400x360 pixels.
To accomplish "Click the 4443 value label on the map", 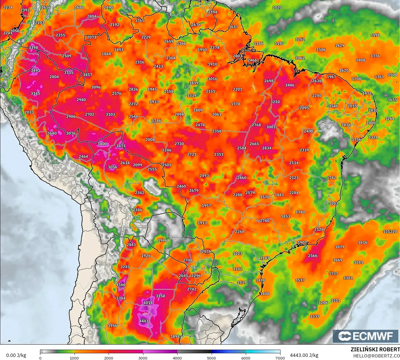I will (144, 321).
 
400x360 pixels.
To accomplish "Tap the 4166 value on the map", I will (121, 284).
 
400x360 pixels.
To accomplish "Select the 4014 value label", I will (148, 303).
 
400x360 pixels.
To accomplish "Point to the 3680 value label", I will (52, 133).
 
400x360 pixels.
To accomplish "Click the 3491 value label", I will (36, 70).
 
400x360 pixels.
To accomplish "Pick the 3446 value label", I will (290, 85).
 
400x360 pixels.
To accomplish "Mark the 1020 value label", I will (277, 7).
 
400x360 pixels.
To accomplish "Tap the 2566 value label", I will (313, 256).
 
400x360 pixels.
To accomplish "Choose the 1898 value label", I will (175, 336).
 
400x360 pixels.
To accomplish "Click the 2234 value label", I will (8, 7).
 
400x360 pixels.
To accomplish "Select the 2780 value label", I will (265, 221).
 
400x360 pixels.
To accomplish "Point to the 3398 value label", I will (33, 48).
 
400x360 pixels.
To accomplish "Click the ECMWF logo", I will (365, 336).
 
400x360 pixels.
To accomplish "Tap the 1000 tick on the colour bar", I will (74, 358).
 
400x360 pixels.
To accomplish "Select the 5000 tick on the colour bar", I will (211, 358).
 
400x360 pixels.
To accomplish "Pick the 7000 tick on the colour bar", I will (280, 358).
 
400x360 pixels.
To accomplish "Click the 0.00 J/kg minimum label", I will (16, 355).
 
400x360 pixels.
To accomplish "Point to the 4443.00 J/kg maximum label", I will (304, 355).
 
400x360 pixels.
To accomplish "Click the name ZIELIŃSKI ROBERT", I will (375, 349).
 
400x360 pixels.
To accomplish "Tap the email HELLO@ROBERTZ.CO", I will (376, 356).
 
